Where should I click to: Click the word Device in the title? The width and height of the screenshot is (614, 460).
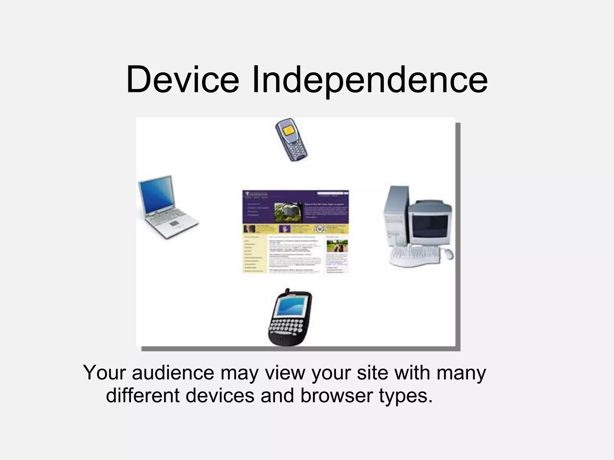pos(183,79)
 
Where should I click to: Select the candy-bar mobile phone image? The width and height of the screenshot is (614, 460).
pos(291,140)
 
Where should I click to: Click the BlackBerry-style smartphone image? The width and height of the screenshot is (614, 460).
pos(290,318)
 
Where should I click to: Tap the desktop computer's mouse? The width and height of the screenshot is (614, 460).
pos(448,253)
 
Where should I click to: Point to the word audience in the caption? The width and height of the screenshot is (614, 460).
pos(173,373)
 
